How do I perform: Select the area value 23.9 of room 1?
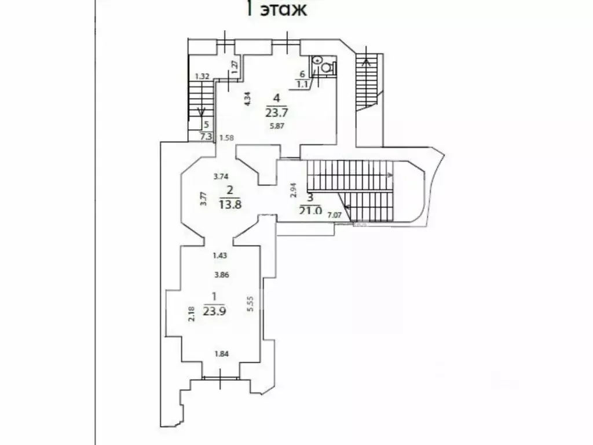click(214, 310)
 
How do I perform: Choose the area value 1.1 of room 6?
click(301, 85)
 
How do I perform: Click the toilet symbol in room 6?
click(327, 67)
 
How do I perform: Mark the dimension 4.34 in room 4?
click(247, 100)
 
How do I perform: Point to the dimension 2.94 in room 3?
click(292, 190)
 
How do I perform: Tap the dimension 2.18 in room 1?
click(192, 313)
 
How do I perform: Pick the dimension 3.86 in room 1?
click(221, 275)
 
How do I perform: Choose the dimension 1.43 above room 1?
click(219, 256)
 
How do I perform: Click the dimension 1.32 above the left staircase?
click(202, 76)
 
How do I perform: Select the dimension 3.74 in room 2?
click(221, 177)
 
